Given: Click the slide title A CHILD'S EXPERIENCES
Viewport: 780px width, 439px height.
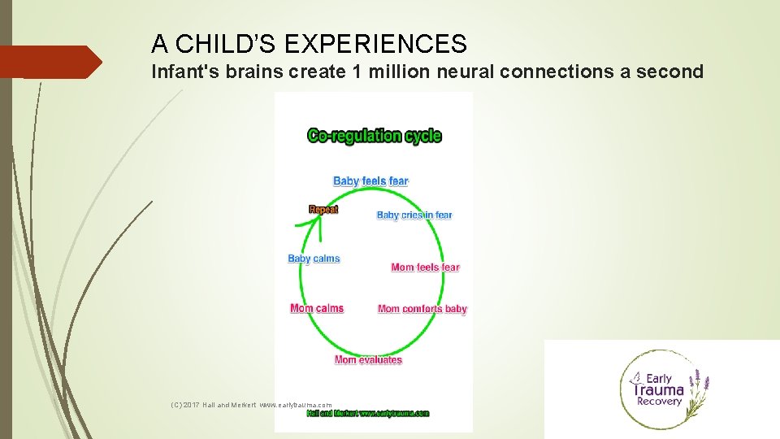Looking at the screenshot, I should coord(309,43).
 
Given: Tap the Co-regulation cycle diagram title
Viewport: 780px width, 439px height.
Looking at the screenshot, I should coord(374,136).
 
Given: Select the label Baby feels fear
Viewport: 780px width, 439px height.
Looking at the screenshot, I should coord(370,180).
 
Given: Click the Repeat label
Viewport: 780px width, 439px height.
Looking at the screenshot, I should coord(323,209).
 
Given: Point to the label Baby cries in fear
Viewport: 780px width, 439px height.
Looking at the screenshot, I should coord(414,215).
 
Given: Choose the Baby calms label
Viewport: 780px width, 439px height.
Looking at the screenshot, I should coord(314,259).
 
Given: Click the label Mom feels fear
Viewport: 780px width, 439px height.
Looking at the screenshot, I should coord(425,267).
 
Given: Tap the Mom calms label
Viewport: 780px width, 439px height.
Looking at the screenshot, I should coord(316,308).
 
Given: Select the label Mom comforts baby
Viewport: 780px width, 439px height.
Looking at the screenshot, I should coord(422,309).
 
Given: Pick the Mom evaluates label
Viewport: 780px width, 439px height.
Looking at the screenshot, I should coord(368,359).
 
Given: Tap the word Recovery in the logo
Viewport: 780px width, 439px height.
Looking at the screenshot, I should coord(659,402).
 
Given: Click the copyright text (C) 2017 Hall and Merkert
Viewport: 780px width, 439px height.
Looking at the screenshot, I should coord(214,404).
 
